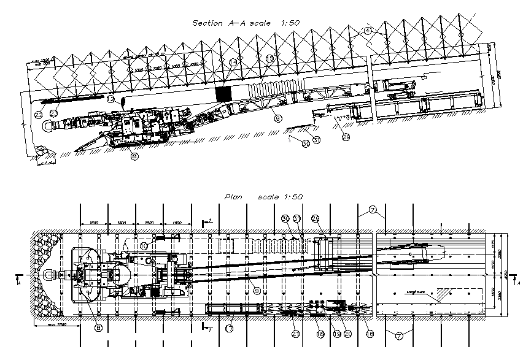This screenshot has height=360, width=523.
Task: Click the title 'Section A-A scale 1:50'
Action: click(x=246, y=23)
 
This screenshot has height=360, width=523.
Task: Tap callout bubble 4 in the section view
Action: click(x=367, y=30)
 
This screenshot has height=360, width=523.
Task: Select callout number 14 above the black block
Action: click(x=233, y=63)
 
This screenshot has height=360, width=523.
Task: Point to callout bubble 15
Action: click(x=270, y=59)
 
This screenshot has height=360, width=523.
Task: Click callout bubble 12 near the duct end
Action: click(x=110, y=98)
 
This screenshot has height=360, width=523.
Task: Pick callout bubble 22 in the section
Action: click(x=38, y=114)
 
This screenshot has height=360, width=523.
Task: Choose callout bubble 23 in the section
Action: click(x=54, y=113)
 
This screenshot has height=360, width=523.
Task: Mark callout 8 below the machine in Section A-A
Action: click(x=134, y=156)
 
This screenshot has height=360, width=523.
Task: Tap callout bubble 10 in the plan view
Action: click(x=143, y=245)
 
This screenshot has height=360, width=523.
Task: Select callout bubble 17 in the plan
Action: click(x=229, y=328)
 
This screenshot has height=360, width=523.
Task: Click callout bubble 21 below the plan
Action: click(x=296, y=334)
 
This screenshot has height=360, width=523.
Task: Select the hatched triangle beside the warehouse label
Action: click(x=441, y=296)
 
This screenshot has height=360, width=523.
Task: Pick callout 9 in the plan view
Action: click(x=258, y=289)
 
